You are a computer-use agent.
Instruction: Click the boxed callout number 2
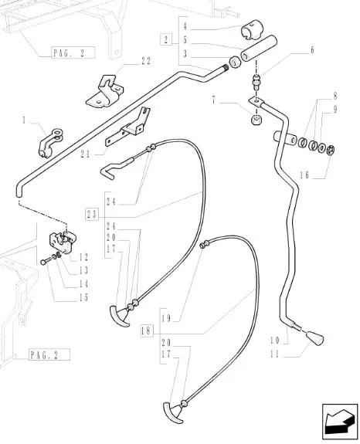(166, 39)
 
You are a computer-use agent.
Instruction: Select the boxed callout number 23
(91, 215)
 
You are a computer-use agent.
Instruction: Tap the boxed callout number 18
(147, 330)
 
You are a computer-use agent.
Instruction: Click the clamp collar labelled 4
(252, 29)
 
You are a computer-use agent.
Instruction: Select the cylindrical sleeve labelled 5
(259, 48)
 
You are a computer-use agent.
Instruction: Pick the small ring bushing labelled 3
(234, 63)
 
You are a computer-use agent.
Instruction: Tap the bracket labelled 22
(105, 91)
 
